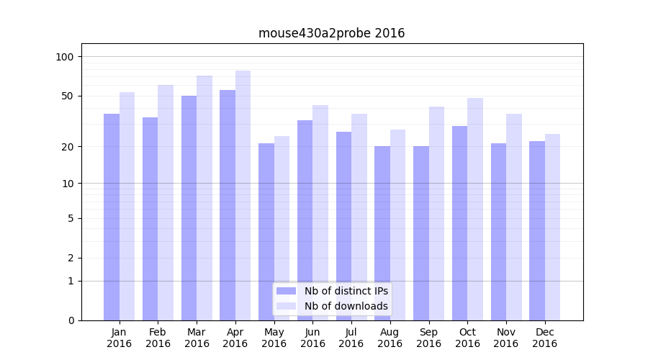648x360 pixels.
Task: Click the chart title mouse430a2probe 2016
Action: (331, 33)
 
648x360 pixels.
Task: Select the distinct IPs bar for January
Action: (112, 216)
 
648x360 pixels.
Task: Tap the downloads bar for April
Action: (243, 194)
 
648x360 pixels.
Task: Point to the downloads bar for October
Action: (474, 209)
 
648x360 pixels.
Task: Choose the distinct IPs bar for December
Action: (536, 230)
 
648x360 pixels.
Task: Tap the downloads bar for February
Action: (166, 202)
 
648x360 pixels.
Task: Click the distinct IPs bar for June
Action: (305, 220)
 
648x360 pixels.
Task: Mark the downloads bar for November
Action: (513, 216)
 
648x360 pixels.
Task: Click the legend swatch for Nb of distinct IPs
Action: (286, 291)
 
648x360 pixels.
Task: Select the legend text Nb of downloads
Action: (346, 306)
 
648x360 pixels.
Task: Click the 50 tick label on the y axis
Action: (68, 96)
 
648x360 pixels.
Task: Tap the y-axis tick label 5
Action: (71, 218)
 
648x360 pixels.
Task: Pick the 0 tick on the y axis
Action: (71, 320)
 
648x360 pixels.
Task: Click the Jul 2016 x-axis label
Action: (351, 338)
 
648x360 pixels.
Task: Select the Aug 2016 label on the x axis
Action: (390, 338)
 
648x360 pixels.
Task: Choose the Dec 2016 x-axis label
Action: (544, 338)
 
